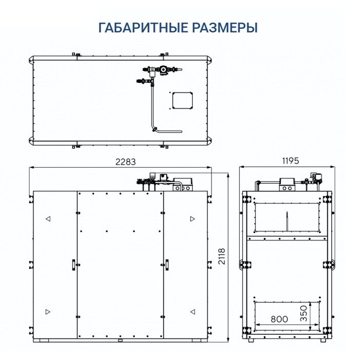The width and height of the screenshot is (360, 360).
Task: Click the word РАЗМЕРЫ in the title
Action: pyautogui.click(x=225, y=27)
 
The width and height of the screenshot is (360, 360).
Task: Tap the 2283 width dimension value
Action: pyautogui.click(x=124, y=161)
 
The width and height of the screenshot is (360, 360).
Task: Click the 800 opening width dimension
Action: pyautogui.click(x=279, y=319)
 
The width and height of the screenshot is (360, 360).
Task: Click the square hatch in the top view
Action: pyautogui.click(x=182, y=100)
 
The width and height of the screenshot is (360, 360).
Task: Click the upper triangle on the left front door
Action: pyautogui.click(x=47, y=219)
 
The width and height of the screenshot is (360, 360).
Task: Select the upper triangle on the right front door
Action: pyautogui.click(x=192, y=219)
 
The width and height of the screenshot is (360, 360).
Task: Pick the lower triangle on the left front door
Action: pyautogui.click(x=47, y=311)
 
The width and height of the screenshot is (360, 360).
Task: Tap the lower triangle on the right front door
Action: pyautogui.click(x=192, y=311)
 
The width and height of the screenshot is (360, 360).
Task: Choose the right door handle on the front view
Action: pyautogui.click(x=167, y=264)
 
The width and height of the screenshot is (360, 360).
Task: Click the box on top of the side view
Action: pyautogui.click(x=286, y=183)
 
